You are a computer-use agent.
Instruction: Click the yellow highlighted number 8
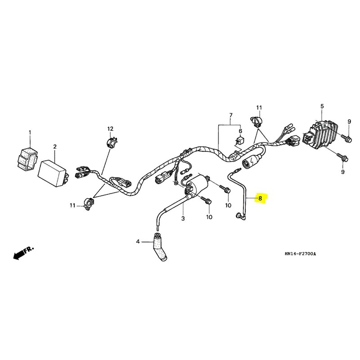pos(260,198)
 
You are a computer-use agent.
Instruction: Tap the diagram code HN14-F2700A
pos(300,254)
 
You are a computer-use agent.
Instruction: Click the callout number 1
pos(30,132)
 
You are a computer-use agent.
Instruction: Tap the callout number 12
pos(110,129)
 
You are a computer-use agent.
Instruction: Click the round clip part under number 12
pos(112,142)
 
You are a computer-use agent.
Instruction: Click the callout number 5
pos(322,106)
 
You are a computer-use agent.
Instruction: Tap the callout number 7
pos(231,115)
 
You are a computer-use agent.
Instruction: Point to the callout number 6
pos(240,131)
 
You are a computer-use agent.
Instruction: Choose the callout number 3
pos(183,219)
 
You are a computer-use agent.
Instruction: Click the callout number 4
pos(138,242)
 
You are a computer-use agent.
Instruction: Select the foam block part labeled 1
pos(28,159)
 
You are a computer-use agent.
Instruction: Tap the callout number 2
pos(55,147)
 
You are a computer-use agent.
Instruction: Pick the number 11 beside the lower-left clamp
pos(72,206)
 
